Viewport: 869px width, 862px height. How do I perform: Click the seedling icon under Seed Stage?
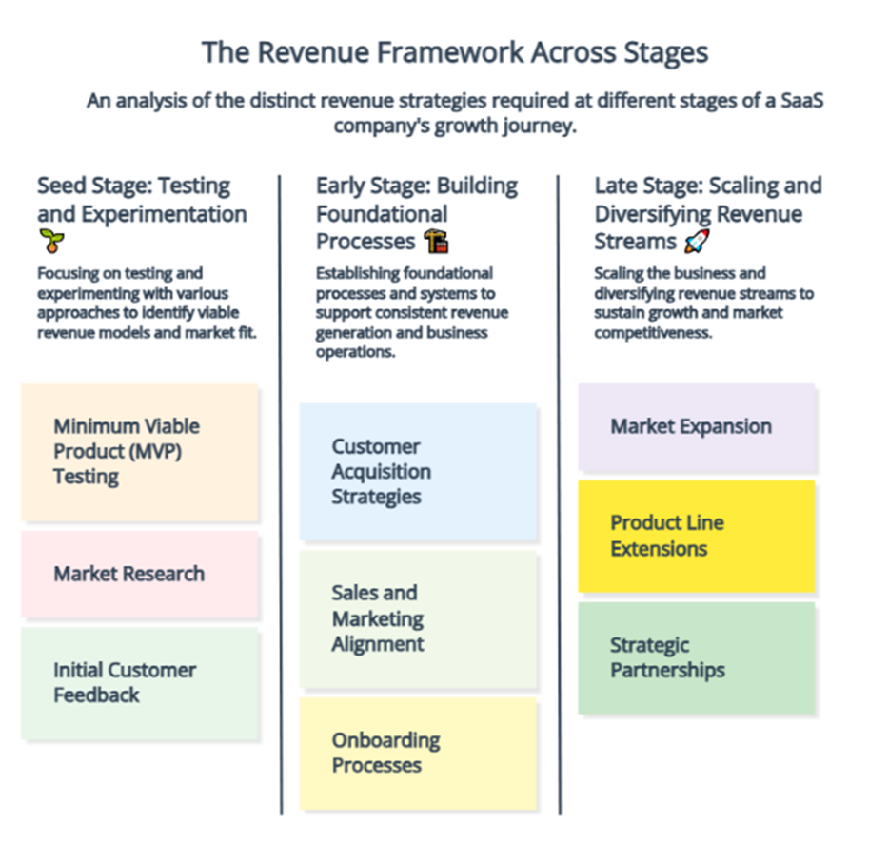pos(51,241)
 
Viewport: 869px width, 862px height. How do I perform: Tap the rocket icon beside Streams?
pos(697,242)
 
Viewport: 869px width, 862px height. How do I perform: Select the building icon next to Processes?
pos(436,242)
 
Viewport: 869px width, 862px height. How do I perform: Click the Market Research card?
pos(140,574)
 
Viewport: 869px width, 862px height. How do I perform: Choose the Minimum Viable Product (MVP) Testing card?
pos(140,452)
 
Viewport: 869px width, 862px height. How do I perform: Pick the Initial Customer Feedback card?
pos(140,683)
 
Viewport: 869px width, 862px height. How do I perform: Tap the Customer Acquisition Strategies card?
pos(419,472)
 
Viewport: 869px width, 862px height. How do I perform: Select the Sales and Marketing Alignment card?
pos(419,618)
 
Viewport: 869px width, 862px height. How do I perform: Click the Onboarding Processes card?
pos(419,754)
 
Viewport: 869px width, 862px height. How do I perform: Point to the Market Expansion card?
pos(697,426)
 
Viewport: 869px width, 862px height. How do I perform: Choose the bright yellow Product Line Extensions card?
pos(697,537)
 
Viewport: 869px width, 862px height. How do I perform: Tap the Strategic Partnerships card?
pos(697,658)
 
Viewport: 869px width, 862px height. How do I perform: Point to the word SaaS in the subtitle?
pos(802,101)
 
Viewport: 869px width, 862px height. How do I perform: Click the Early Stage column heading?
pos(417,214)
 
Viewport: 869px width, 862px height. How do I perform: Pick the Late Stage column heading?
pos(708,214)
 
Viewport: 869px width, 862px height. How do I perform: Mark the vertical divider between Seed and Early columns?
pos(281,496)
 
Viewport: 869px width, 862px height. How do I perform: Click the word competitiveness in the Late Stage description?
pos(653,333)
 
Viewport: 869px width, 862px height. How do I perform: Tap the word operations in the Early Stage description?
pos(355,352)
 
